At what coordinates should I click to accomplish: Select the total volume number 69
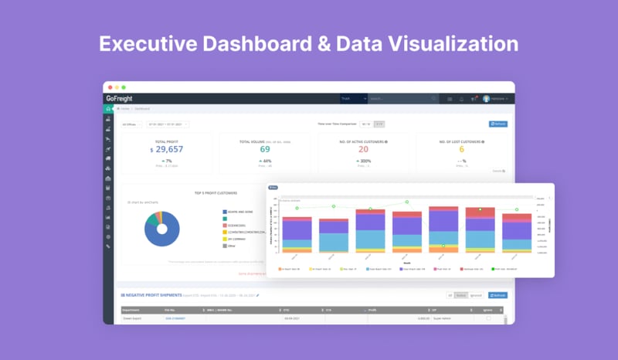point(265,150)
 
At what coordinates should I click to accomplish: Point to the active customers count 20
point(363,150)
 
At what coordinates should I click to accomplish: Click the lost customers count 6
point(462,150)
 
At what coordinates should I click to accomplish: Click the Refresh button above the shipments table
point(498,295)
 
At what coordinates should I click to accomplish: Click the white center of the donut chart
point(161,229)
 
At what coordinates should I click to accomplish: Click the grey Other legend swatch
point(224,246)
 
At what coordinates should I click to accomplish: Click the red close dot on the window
point(109,87)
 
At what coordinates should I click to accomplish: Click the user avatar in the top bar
point(487,99)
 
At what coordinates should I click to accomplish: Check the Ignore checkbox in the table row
point(487,318)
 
